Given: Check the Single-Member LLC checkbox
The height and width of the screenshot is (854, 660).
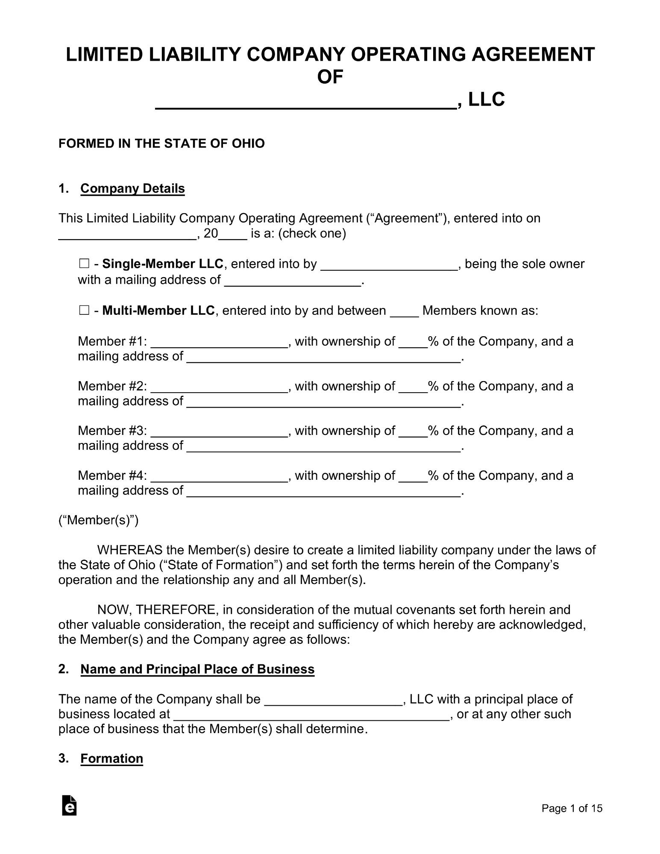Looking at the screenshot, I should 84,264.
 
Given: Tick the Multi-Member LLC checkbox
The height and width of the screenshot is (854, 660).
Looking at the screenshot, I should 84,311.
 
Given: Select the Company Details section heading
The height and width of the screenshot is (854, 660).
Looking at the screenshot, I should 132,188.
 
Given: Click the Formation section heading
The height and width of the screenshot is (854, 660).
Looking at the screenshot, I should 111,758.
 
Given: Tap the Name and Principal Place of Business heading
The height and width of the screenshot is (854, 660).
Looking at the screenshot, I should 197,669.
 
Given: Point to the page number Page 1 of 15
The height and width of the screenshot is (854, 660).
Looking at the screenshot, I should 572,808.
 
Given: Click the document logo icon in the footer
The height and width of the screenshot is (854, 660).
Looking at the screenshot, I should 69,805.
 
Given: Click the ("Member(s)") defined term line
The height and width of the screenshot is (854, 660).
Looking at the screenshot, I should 98,520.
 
